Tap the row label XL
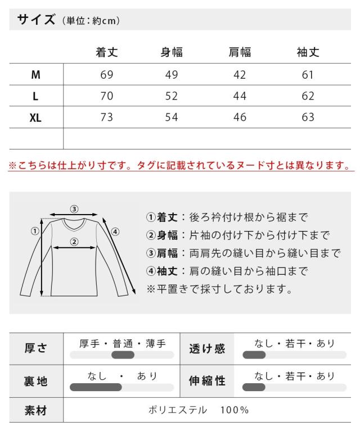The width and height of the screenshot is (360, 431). point(35,117)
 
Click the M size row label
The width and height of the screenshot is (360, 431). point(35,75)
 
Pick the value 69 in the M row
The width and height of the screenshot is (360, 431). point(106,75)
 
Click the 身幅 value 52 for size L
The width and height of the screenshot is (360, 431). point(172,96)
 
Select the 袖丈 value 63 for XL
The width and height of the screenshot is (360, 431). point(308,117)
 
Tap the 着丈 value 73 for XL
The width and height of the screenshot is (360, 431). point(106,117)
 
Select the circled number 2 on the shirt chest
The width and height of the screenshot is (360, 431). point(73,243)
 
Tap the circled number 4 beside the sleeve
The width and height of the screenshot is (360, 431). point(115,231)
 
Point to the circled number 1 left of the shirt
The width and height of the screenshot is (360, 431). point(34,230)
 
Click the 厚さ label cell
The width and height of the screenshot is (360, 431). point(36,348)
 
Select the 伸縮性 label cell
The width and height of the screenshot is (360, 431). point(206,382)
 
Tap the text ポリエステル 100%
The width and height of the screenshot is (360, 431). point(198,410)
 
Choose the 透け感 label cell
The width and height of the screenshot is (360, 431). point(206,348)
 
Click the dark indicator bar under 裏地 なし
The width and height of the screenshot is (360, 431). point(96,387)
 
